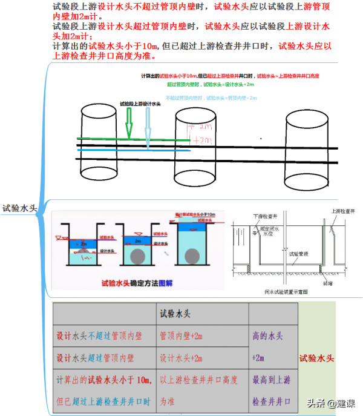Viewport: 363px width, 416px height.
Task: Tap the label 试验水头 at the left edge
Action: pos(19,208)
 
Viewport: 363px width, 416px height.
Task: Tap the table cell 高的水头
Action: pos(267,335)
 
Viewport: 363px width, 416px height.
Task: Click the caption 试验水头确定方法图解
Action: pos(137,282)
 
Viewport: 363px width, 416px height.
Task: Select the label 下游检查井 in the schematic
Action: pos(264,216)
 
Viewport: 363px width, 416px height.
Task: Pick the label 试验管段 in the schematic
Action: pos(298,254)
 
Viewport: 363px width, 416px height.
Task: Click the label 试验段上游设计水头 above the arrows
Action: pos(140,104)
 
